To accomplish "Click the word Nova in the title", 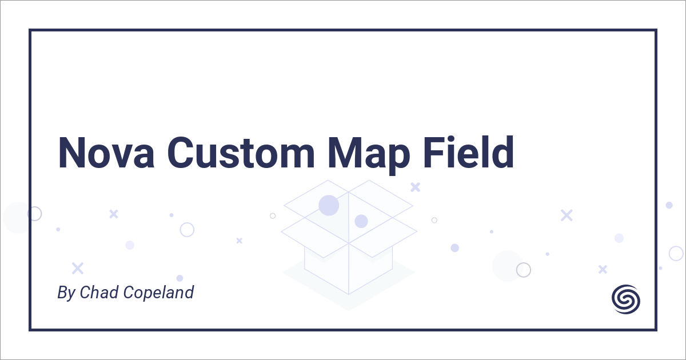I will pos(105,153).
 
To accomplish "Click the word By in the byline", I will pos(66,293).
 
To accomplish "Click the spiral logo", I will pos(626,299).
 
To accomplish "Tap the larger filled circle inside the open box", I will pos(329,205).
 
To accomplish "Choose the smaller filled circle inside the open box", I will pos(361,221).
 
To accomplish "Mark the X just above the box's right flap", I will pos(416,187).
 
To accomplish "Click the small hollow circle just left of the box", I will pos(273,215).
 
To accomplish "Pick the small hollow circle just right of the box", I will pos(434,220).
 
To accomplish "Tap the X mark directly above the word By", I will pos(77,268).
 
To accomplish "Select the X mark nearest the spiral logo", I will pos(603,269).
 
